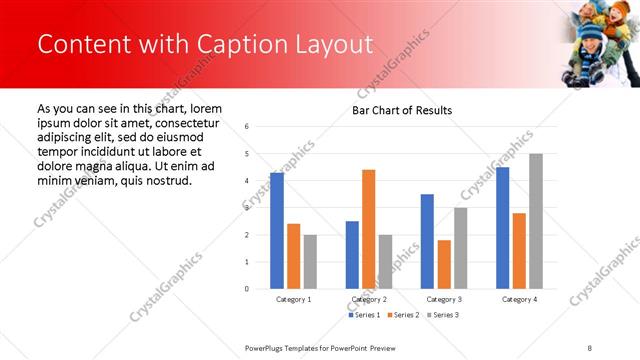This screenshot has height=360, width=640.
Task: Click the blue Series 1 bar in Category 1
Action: [x=277, y=231]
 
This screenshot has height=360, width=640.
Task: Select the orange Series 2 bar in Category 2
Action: [x=369, y=229]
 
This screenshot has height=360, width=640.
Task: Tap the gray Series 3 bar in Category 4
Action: [x=536, y=221]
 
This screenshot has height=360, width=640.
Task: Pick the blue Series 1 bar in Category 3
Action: [x=427, y=241]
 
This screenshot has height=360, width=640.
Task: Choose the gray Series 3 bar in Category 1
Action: [x=310, y=262]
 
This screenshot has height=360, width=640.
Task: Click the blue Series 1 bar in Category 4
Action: [x=502, y=228]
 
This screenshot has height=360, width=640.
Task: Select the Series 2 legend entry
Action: [x=403, y=315]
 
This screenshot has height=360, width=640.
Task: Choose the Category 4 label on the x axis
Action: [x=519, y=299]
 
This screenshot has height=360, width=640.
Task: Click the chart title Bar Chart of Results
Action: [x=402, y=110]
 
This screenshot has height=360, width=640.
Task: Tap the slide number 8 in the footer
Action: [x=590, y=347]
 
